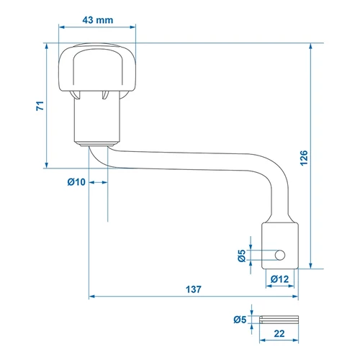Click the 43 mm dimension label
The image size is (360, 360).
(x=98, y=20)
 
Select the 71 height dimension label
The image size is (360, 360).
(x=40, y=106)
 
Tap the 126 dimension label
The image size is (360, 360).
(x=304, y=158)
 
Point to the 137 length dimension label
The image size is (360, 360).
(x=194, y=289)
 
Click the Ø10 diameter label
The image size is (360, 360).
(x=76, y=182)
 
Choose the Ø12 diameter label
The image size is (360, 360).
(x=279, y=279)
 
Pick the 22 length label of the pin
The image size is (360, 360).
(x=279, y=333)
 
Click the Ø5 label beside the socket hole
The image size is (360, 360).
(x=242, y=256)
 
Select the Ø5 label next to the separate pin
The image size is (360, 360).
(x=240, y=320)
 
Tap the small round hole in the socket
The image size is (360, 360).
(x=280, y=255)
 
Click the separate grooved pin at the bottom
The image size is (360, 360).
(x=279, y=320)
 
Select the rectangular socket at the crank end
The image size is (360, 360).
(x=280, y=246)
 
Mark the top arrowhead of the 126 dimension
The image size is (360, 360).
(x=311, y=46)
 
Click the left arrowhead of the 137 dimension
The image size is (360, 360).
(x=91, y=297)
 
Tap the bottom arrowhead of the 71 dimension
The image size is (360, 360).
(x=47, y=165)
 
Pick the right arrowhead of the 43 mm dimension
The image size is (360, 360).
(x=132, y=27)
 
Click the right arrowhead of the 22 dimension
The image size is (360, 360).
(x=296, y=341)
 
